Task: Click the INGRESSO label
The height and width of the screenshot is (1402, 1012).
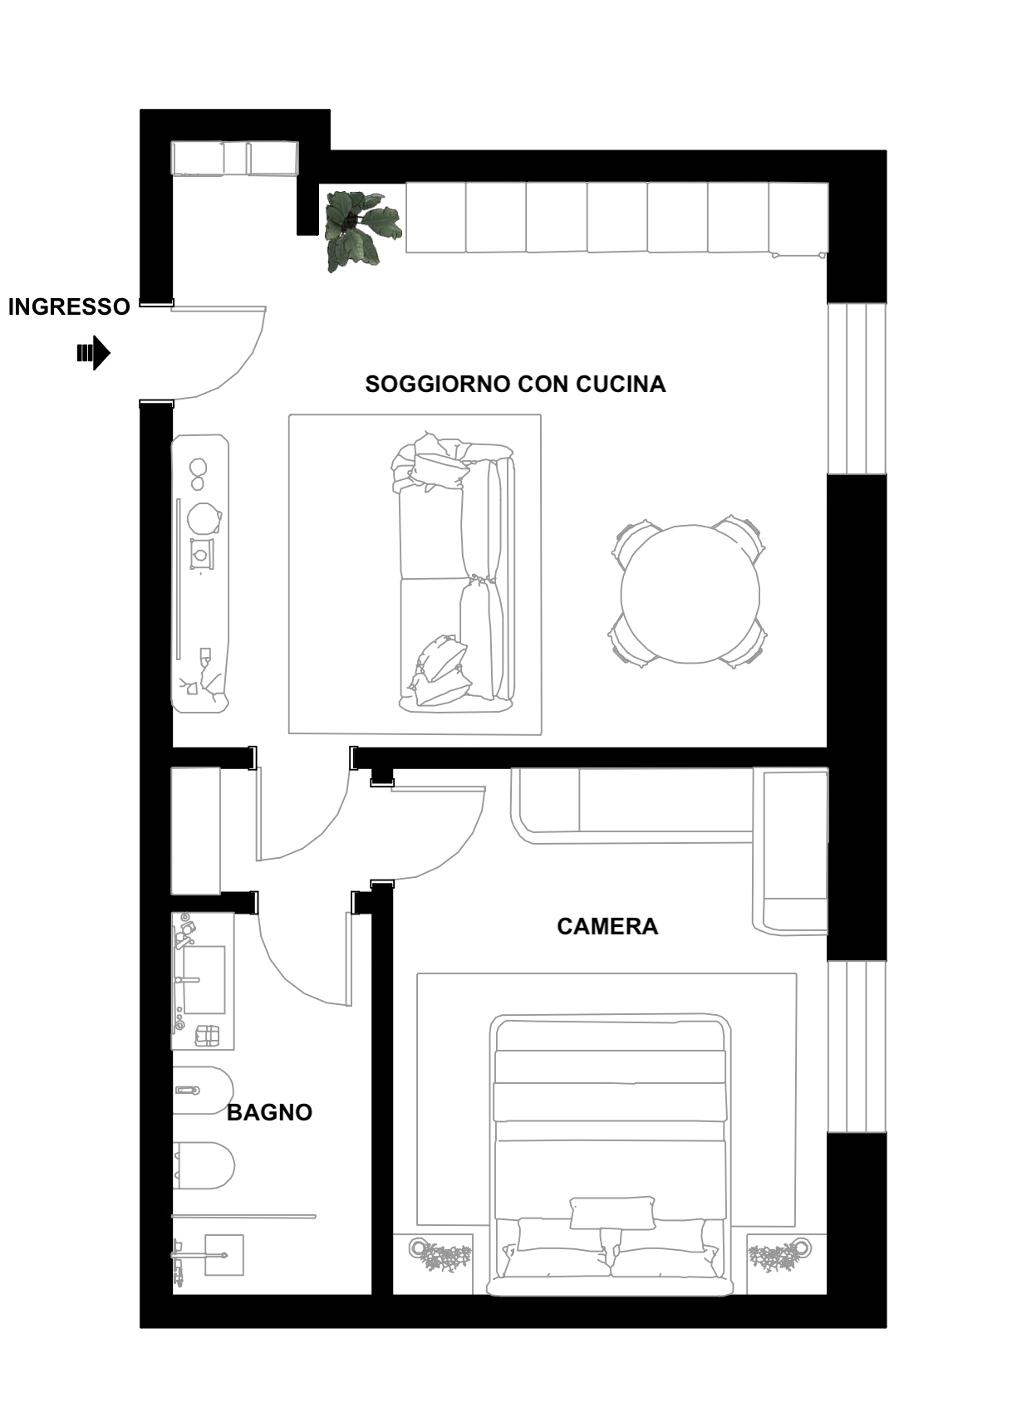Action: point(69,306)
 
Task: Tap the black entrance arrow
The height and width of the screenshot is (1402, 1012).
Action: point(93,353)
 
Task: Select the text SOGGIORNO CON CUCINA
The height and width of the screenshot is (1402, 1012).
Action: point(515,384)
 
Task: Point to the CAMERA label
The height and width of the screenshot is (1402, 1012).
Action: point(607,926)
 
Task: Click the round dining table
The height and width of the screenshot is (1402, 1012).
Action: point(690,594)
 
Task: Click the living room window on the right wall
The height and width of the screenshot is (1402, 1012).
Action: point(857,389)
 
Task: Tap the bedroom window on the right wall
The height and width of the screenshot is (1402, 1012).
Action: point(857,1046)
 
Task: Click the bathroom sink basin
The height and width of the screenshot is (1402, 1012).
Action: point(204,980)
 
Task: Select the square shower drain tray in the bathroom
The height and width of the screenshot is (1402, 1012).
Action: point(224,1254)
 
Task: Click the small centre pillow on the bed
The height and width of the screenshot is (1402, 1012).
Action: point(612,1213)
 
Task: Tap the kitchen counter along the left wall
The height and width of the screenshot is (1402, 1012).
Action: point(200,573)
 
